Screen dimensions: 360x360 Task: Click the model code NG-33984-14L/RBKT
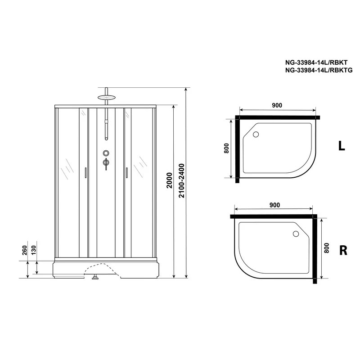(x=316, y=63)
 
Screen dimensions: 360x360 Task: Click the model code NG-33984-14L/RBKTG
(x=319, y=71)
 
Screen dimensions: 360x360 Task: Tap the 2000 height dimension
(x=170, y=180)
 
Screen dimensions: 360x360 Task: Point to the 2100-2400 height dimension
(x=182, y=180)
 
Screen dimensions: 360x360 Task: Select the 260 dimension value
(x=25, y=250)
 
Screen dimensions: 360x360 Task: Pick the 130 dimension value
(x=33, y=250)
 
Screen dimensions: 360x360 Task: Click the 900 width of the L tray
(x=277, y=105)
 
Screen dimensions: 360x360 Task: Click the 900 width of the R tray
(x=275, y=205)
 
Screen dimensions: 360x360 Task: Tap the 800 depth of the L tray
(x=226, y=148)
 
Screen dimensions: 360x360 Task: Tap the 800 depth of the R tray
(x=327, y=248)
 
